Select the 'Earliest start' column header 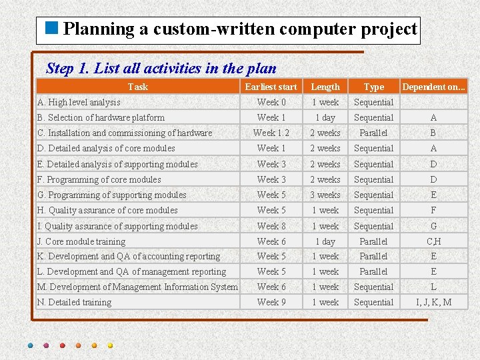click(x=271, y=87)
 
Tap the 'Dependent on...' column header click(x=433, y=87)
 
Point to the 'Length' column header click(x=325, y=87)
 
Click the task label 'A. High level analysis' click(x=79, y=102)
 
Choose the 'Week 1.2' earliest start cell click(x=271, y=133)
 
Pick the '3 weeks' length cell click(x=325, y=195)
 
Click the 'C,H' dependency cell click(x=433, y=241)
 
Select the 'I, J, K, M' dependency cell click(x=433, y=302)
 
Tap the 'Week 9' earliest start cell click(x=271, y=302)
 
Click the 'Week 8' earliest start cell click(x=271, y=226)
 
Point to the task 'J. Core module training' click(x=81, y=241)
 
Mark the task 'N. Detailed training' click(x=74, y=302)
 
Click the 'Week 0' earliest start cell click(x=271, y=102)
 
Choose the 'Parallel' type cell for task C click(x=373, y=133)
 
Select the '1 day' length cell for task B click(x=325, y=117)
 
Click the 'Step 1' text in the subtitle click(x=67, y=68)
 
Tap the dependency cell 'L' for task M click(x=433, y=287)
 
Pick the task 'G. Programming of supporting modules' click(x=112, y=195)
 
